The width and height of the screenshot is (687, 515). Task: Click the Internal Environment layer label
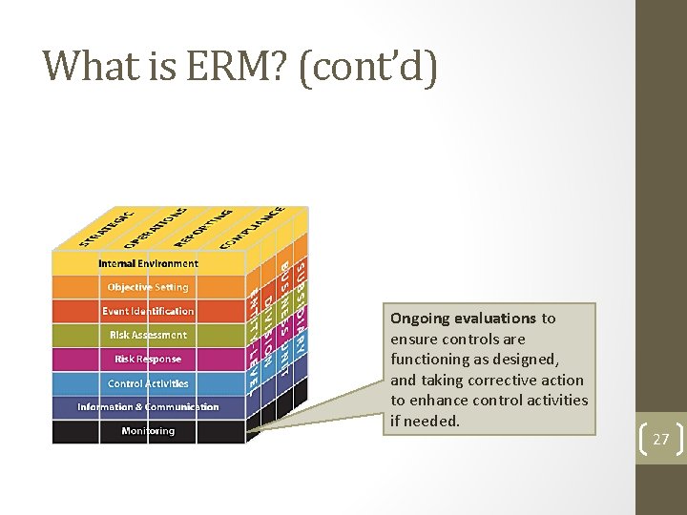click(148, 263)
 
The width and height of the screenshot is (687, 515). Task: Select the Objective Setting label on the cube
click(148, 287)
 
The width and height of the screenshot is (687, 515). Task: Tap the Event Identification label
click(148, 311)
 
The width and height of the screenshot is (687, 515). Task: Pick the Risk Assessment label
click(148, 335)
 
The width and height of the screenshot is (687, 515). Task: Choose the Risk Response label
click(148, 360)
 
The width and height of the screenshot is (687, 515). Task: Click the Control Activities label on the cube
click(148, 383)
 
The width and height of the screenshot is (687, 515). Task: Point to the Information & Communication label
click(148, 407)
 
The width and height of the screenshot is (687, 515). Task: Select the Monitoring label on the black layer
click(148, 431)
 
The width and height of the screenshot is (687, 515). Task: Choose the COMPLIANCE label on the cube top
click(252, 228)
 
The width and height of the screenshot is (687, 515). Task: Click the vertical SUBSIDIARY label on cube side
click(300, 305)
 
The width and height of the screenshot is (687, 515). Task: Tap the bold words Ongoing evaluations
click(463, 319)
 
